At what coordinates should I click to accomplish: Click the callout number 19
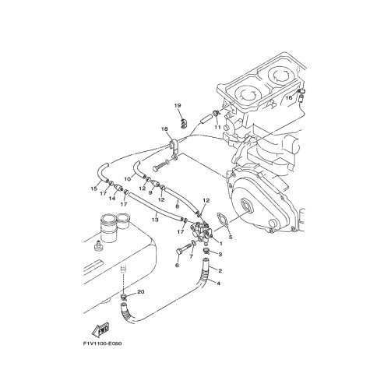click(x=178, y=105)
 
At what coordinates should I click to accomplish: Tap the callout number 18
click(x=164, y=129)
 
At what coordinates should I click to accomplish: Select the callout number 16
click(x=289, y=98)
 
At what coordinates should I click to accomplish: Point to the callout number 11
click(x=217, y=127)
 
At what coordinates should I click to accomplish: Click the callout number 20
click(x=140, y=292)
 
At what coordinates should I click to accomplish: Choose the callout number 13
click(x=155, y=220)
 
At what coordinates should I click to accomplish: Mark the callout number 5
click(x=231, y=237)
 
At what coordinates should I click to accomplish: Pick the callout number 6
click(x=177, y=266)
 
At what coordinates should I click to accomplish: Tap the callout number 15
click(x=93, y=188)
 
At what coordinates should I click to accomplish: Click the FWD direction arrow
click(x=100, y=329)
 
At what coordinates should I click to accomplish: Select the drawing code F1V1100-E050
click(x=102, y=344)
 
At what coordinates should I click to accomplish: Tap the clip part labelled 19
click(x=184, y=123)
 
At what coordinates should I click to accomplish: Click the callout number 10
click(x=128, y=179)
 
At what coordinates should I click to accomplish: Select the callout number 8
click(x=178, y=206)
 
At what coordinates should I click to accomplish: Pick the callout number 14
click(x=112, y=199)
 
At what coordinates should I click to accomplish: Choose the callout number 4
click(x=218, y=284)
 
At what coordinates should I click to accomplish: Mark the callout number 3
click(x=220, y=255)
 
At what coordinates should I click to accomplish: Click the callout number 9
click(x=150, y=192)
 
